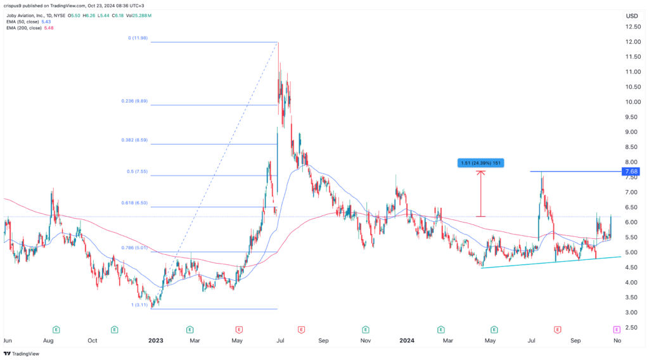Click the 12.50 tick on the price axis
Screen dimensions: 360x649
(631, 27)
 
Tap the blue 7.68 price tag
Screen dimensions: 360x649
(632, 172)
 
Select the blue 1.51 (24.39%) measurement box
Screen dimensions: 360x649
(480, 163)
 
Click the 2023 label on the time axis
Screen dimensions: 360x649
(156, 340)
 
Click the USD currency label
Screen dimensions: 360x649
(631, 15)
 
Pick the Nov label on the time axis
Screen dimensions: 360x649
(366, 340)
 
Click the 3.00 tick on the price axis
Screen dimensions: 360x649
(631, 312)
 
